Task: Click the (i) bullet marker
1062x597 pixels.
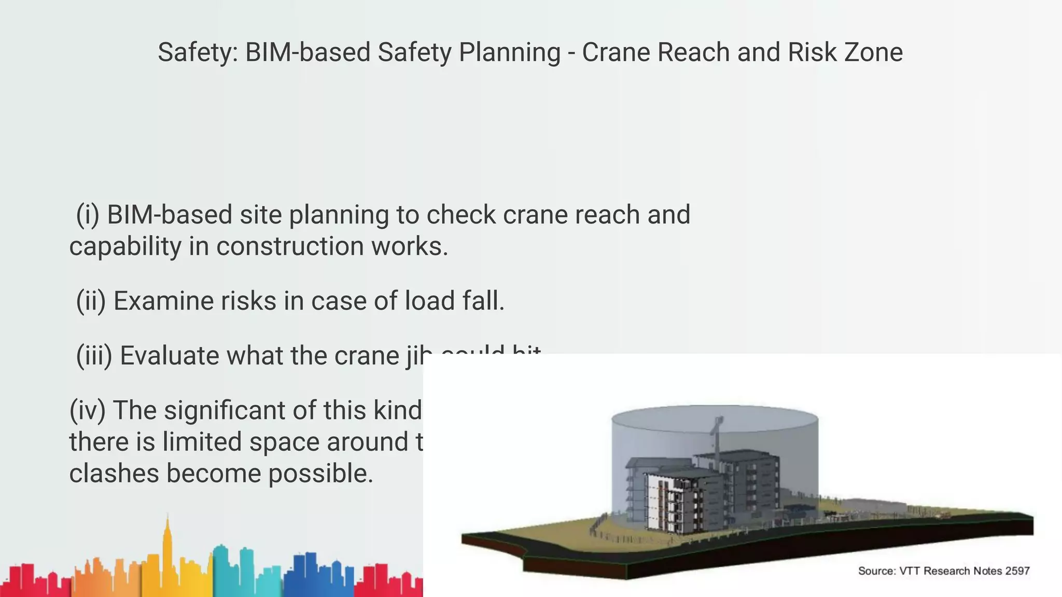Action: point(88,215)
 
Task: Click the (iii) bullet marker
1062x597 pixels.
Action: point(94,356)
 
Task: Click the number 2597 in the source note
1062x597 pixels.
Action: point(1017,571)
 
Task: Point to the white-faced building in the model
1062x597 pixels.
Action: point(655,500)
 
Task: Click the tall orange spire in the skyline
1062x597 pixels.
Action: point(167,544)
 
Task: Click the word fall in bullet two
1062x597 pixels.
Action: point(483,301)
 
